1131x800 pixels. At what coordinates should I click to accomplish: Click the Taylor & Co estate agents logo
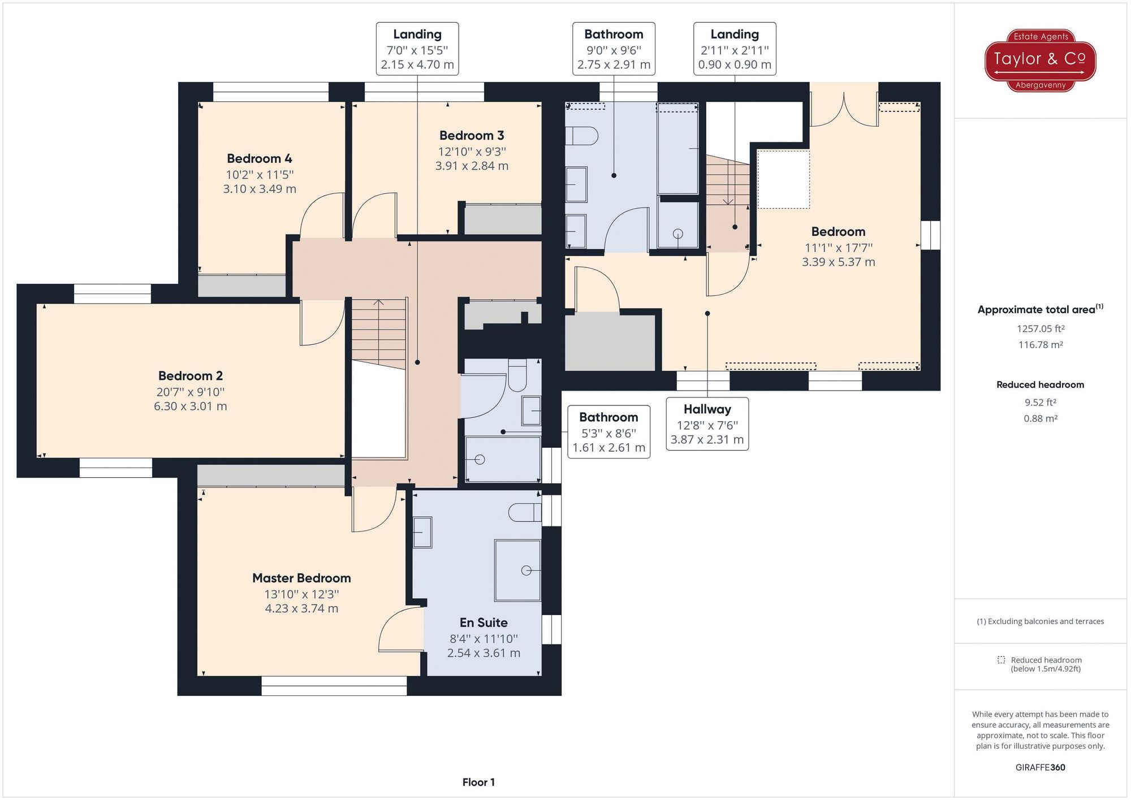pos(1040,60)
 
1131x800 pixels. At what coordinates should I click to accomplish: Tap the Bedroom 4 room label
pos(260,159)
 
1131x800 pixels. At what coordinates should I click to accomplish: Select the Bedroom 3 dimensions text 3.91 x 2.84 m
pos(472,166)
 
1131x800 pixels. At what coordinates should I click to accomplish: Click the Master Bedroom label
pos(301,578)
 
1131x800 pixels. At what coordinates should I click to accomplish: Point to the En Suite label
pos(484,623)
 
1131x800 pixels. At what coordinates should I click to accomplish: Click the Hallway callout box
pos(707,424)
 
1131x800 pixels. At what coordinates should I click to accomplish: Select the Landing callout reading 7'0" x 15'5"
pos(417,49)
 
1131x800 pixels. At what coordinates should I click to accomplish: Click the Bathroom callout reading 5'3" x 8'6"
pos(608,433)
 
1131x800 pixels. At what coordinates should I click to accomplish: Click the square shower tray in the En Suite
pos(517,570)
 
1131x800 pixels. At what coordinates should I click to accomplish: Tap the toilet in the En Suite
pos(524,513)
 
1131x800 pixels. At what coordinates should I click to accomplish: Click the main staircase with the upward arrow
pos(378,334)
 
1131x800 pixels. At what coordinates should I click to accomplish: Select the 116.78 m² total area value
pos(1040,345)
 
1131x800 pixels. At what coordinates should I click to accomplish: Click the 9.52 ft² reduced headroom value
pos(1040,403)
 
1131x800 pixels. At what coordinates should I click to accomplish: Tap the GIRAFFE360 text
pos(1040,768)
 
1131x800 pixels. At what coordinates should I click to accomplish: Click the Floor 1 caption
pos(478,782)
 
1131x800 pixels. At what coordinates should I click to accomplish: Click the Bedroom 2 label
pos(191,376)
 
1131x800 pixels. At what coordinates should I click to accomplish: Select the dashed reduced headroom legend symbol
pos(1002,660)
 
